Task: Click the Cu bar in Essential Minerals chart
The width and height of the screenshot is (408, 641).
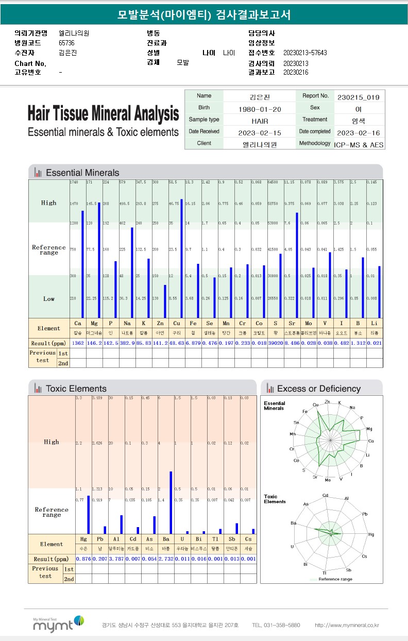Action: coord(181,258)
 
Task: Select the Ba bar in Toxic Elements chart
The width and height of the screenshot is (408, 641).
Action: coord(171,502)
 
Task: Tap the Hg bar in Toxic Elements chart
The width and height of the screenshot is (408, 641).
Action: coord(88,514)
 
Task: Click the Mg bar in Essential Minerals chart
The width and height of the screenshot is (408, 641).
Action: coord(98,260)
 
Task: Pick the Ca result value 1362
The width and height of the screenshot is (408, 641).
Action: coord(77,343)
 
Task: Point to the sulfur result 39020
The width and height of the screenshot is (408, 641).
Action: coord(275,343)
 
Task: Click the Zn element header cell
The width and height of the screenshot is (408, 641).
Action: coord(160,324)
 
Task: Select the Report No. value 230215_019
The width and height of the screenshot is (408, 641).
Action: coord(359,97)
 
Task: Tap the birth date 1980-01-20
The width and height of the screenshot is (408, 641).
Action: coord(260,109)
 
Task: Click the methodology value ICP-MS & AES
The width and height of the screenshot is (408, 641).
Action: coord(359,145)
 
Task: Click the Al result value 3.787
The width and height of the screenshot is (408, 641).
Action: coord(116,559)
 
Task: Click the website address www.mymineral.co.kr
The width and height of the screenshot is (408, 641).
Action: coord(347,625)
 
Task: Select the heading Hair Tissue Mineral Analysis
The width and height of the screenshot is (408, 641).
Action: coord(103,113)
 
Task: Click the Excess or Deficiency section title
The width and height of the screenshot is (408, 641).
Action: coord(318,389)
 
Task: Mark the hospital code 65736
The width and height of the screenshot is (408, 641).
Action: coord(67,43)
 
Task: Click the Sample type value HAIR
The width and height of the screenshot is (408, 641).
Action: coord(260,121)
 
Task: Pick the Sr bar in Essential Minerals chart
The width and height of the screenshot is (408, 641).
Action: coord(297,265)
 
